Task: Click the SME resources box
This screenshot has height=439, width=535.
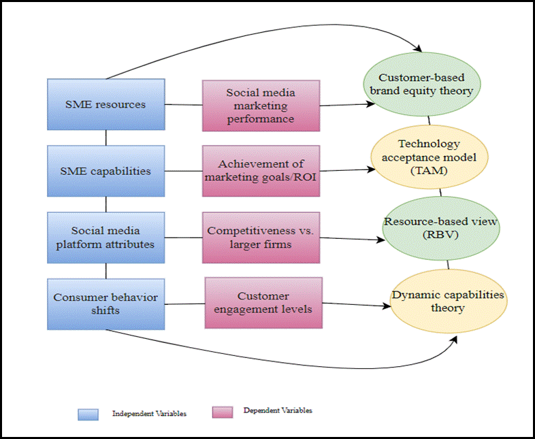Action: [x=106, y=104]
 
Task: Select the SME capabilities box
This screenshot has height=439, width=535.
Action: [x=106, y=171]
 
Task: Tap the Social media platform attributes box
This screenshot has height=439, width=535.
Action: [x=106, y=237]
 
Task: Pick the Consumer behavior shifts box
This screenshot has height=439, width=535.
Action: [x=106, y=304]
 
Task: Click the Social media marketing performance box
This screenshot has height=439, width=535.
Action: [x=261, y=105]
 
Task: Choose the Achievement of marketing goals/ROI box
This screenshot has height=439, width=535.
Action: [x=261, y=171]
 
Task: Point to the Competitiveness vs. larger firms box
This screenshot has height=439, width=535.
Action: [x=261, y=237]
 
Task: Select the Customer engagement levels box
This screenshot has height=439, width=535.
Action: [x=263, y=302]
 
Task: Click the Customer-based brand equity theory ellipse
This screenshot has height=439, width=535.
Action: [x=426, y=84]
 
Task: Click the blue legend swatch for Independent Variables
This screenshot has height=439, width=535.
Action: [x=88, y=413]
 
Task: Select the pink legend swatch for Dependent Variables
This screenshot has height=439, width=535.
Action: [x=223, y=412]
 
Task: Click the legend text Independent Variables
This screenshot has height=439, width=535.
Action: [x=149, y=413]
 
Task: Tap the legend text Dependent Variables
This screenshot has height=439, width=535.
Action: [x=278, y=411]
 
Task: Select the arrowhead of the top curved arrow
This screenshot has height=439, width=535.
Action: [x=417, y=48]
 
